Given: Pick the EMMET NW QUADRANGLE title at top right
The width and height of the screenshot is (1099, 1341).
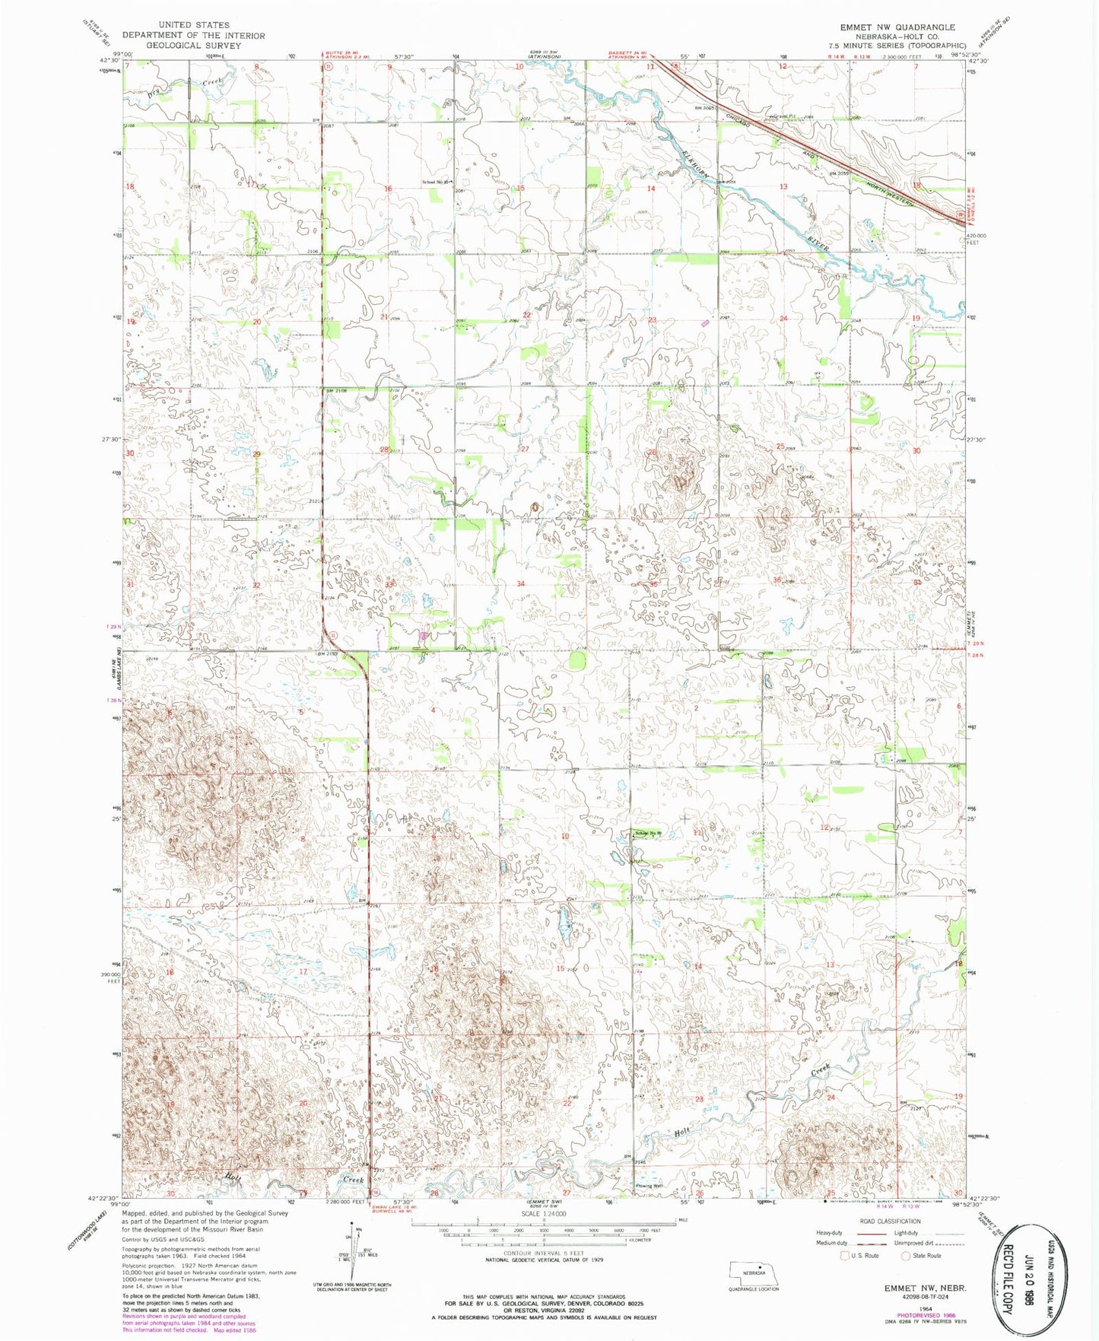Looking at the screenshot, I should [x=897, y=27].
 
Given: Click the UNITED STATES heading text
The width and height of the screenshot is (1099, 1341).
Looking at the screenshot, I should [x=194, y=25].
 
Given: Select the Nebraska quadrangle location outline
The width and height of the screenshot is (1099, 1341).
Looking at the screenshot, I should [x=753, y=1270].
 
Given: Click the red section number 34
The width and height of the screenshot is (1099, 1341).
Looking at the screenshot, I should [x=521, y=584].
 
